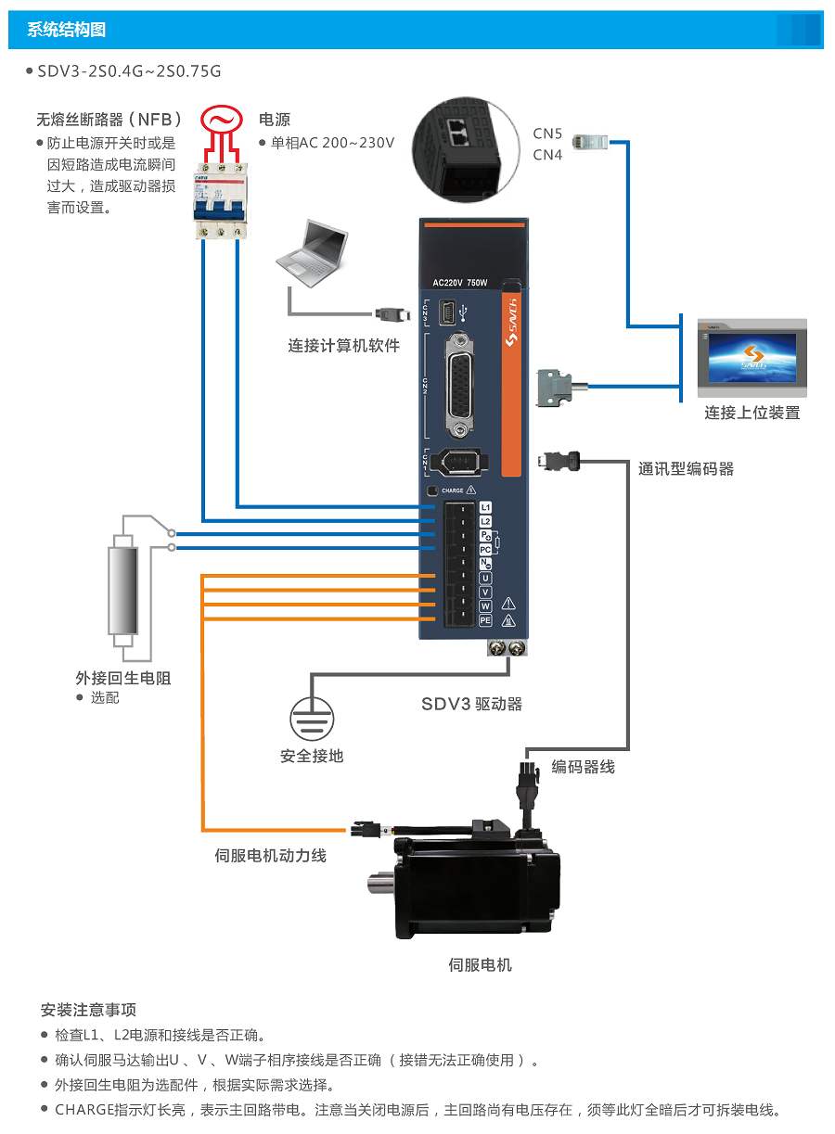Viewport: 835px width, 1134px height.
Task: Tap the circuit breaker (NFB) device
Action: pos(222,200)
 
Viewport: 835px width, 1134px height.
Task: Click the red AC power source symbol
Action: pos(221,120)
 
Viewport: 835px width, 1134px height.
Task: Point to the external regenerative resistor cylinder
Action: pos(122,588)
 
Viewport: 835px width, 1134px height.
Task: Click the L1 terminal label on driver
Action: pos(485,508)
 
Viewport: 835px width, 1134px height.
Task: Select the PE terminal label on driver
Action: pos(485,620)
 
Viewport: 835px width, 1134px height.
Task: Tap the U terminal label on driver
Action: pos(485,578)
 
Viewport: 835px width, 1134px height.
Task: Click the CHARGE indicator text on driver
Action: pos(452,491)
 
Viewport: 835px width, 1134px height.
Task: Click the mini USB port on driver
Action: pos(449,312)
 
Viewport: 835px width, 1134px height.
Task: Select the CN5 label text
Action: pos(547,134)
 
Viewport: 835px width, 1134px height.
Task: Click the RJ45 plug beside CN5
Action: pos(591,142)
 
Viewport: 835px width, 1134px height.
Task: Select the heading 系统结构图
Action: pos(67,30)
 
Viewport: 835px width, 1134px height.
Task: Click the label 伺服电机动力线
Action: pos(270,856)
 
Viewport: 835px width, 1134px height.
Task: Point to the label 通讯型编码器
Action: pos(686,469)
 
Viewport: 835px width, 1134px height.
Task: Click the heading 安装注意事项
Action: pos(89,1010)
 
